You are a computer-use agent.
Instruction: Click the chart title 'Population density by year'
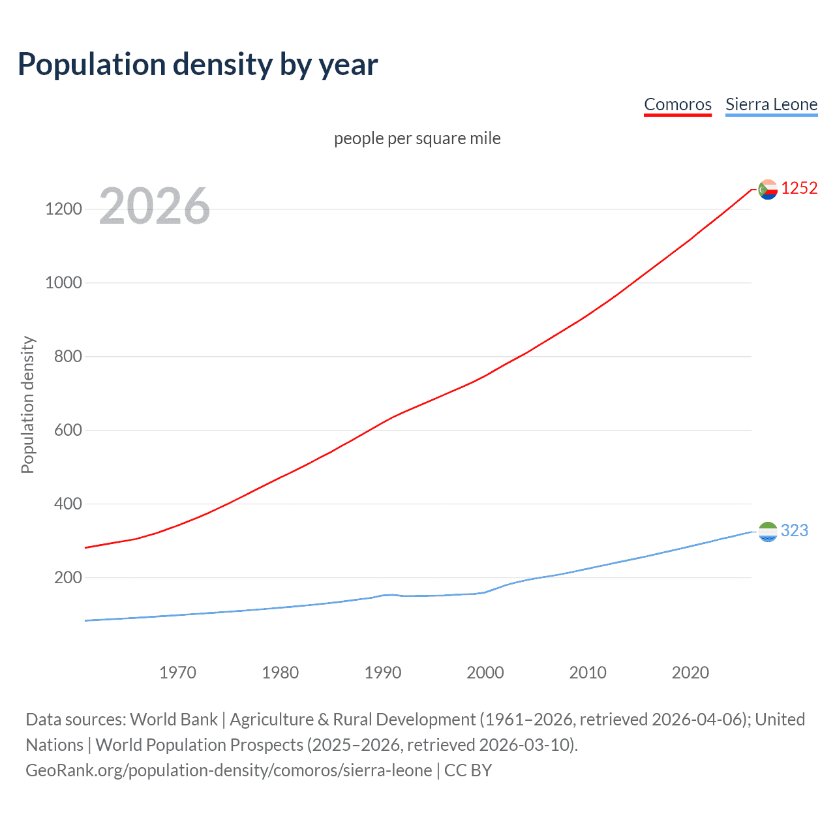198,65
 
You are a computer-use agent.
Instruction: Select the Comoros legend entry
677,105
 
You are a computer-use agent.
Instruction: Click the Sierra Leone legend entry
771,105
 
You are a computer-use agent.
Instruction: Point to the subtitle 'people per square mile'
417,139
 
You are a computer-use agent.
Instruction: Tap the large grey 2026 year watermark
155,206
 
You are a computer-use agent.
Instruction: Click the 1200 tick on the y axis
63,209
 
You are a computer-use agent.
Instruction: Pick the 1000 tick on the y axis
63,283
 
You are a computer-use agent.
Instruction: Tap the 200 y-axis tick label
68,578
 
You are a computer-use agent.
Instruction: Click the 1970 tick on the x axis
177,673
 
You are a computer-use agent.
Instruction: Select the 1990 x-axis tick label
383,673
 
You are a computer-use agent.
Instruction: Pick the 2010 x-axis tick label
588,673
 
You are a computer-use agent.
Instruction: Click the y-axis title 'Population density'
27,404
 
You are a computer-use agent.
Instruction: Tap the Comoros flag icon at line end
768,189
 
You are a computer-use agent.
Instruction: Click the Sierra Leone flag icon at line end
768,532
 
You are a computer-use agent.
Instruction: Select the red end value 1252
799,189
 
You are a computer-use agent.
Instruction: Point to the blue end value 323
795,531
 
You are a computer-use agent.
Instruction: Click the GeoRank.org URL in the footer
228,770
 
